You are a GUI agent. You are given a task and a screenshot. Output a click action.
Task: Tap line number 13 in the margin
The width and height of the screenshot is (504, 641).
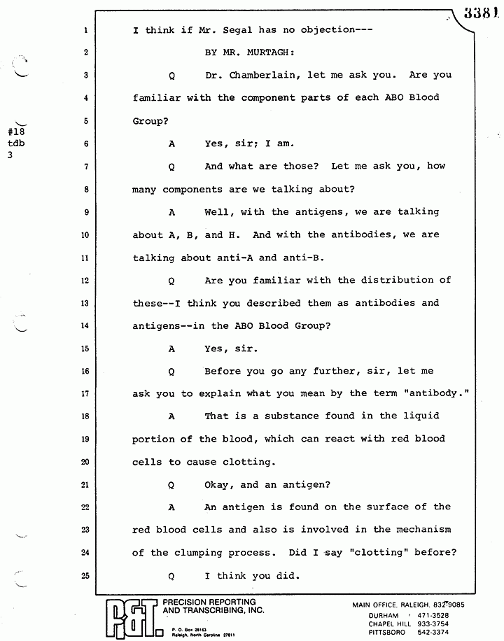point(84,304)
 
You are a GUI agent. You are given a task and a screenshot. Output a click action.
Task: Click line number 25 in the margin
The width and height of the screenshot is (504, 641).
point(84,577)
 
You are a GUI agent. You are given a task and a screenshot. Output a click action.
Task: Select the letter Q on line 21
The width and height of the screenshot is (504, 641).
point(171,484)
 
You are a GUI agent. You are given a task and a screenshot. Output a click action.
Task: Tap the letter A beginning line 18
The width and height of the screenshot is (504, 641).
point(171,416)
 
